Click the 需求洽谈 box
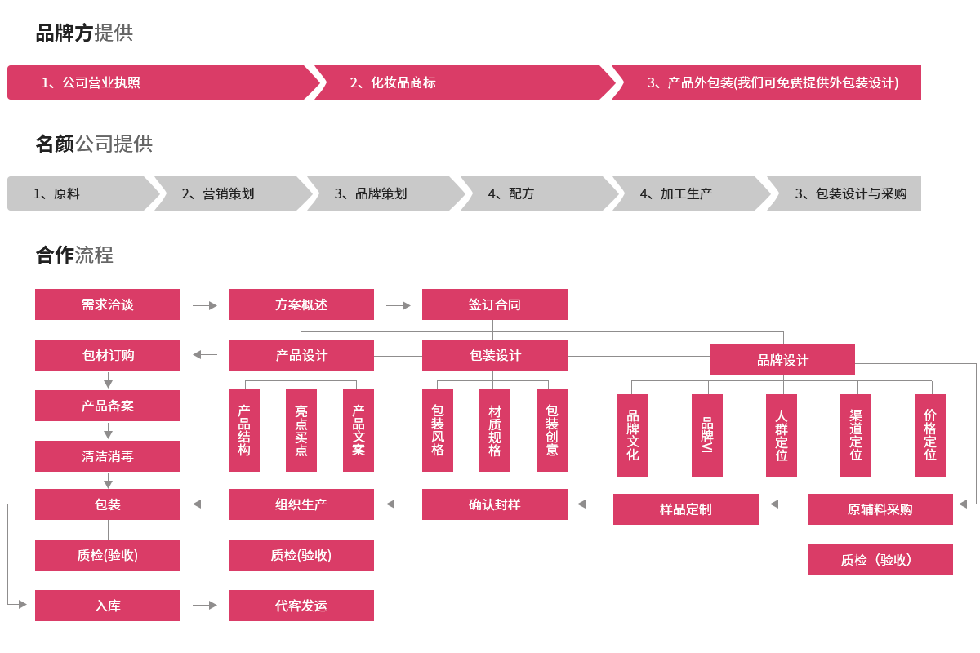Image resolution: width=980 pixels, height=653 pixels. coord(107,304)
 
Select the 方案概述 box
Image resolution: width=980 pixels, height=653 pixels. coord(301,304)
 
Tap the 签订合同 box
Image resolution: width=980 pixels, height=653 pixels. coord(494,304)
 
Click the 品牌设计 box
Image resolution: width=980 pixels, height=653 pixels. coord(782,360)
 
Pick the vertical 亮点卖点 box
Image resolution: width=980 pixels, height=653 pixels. coord(301,430)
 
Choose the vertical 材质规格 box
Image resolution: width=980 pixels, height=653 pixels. coord(494,430)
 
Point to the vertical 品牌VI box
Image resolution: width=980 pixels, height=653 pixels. coord(706,435)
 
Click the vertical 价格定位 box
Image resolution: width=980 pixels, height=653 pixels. coord(929,435)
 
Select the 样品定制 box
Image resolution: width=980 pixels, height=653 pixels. coord(685,509)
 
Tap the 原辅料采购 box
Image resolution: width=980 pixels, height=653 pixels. coord(880,509)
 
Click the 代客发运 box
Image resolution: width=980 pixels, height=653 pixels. coord(301,606)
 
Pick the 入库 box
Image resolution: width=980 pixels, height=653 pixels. coord(107,606)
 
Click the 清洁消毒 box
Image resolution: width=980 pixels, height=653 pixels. coord(107,456)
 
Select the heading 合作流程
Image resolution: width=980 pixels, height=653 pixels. coord(74,255)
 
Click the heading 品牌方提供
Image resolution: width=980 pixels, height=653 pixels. coord(84,33)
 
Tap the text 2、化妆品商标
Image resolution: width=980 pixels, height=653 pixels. coord(393,82)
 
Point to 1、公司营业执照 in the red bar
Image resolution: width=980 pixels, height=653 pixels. coord(91,82)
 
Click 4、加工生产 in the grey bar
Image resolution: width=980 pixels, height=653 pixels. coord(675,193)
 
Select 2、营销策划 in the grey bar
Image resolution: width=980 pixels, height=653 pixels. coord(217,193)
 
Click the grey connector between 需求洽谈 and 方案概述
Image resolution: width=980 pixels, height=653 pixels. coord(204,305)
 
